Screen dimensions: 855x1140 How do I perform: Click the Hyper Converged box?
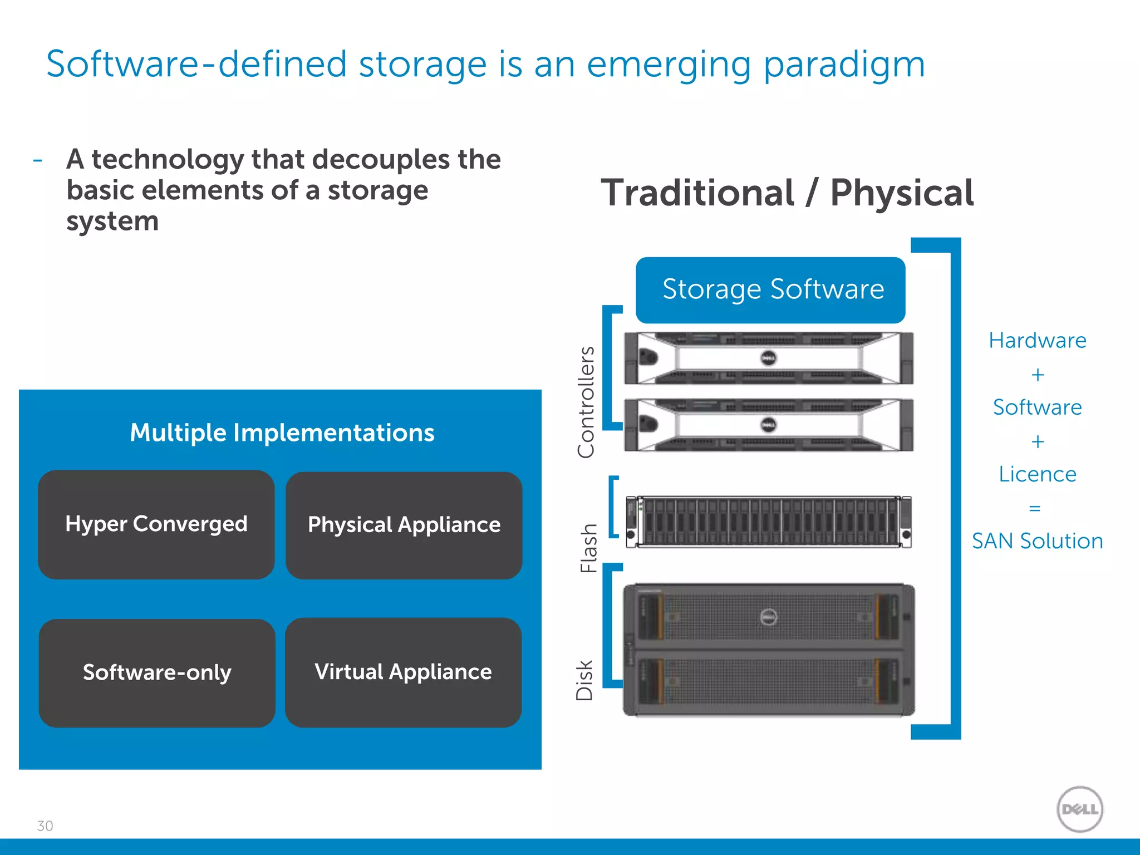pyautogui.click(x=156, y=524)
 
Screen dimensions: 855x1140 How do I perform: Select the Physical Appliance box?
pyautogui.click(x=404, y=525)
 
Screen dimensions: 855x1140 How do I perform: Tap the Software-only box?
pyautogui.click(x=157, y=672)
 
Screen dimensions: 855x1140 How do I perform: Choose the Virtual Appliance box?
pyautogui.click(x=403, y=672)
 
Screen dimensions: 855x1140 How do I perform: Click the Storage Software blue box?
pyautogui.click(x=770, y=290)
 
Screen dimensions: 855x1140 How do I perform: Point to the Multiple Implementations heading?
pyautogui.click(x=282, y=433)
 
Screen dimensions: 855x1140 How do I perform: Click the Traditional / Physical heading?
pyautogui.click(x=787, y=193)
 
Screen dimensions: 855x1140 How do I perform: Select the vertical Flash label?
pyautogui.click(x=589, y=548)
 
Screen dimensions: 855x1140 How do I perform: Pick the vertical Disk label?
pyautogui.click(x=585, y=680)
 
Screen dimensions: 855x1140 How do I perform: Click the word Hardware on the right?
pyautogui.click(x=1037, y=341)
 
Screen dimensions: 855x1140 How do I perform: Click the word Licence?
pyautogui.click(x=1037, y=474)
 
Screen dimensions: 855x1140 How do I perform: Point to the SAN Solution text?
pyautogui.click(x=1037, y=541)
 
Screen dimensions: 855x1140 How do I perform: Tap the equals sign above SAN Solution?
pyautogui.click(x=1035, y=508)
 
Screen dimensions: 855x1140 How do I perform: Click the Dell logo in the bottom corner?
pyautogui.click(x=1080, y=809)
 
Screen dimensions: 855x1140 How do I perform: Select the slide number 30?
pyautogui.click(x=45, y=826)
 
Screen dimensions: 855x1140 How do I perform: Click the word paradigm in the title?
pyautogui.click(x=844, y=65)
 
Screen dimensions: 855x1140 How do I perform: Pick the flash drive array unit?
pyautogui.click(x=769, y=522)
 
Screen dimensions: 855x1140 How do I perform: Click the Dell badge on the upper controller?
pyautogui.click(x=769, y=358)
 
